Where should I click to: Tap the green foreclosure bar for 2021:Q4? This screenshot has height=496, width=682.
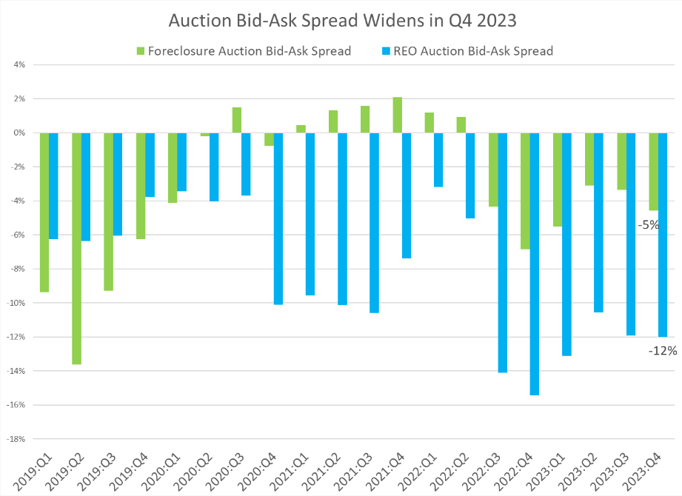point(398,115)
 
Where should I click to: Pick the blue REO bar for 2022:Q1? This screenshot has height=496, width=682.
point(438,160)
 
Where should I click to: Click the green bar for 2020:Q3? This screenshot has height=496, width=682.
point(237,120)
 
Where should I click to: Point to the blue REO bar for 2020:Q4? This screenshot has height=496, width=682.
point(278,218)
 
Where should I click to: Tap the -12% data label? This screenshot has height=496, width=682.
point(663,351)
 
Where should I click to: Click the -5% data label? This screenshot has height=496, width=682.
point(649,224)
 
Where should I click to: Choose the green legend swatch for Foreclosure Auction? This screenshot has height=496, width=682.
point(140,51)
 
